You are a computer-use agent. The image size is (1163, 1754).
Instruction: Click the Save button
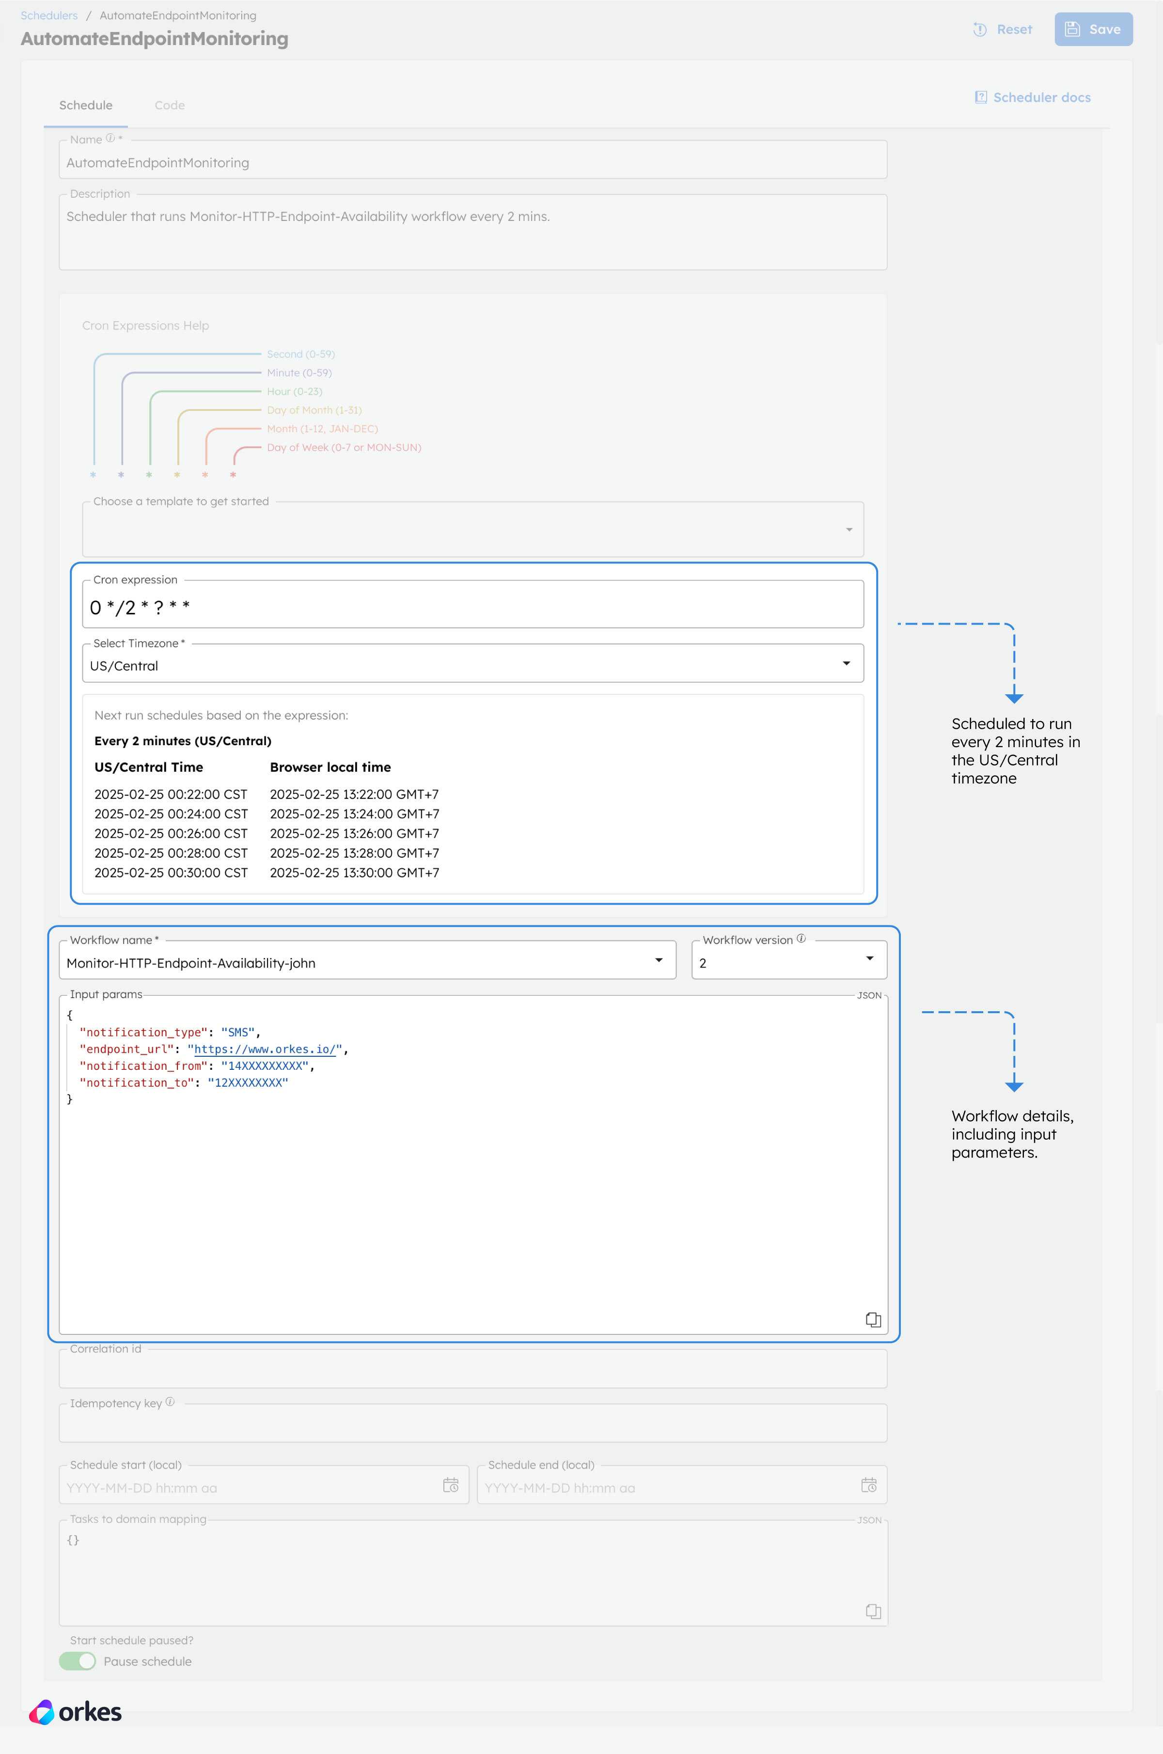pyautogui.click(x=1093, y=30)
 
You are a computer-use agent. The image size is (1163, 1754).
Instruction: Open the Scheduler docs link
pyautogui.click(x=1033, y=97)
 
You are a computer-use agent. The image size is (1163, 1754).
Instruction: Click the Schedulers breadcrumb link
pyautogui.click(x=49, y=16)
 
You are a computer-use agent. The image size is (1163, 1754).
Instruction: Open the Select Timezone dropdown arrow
pyautogui.click(x=846, y=663)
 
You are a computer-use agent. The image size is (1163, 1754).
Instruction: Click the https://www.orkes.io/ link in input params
pyautogui.click(x=265, y=1049)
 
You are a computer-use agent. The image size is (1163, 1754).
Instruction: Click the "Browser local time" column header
pyautogui.click(x=330, y=767)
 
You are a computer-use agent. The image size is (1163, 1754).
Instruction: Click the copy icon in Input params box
pyautogui.click(x=874, y=1319)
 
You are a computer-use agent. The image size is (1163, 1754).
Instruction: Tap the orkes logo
pyautogui.click(x=75, y=1712)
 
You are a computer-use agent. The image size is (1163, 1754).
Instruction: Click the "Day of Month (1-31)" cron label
pyautogui.click(x=314, y=410)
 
